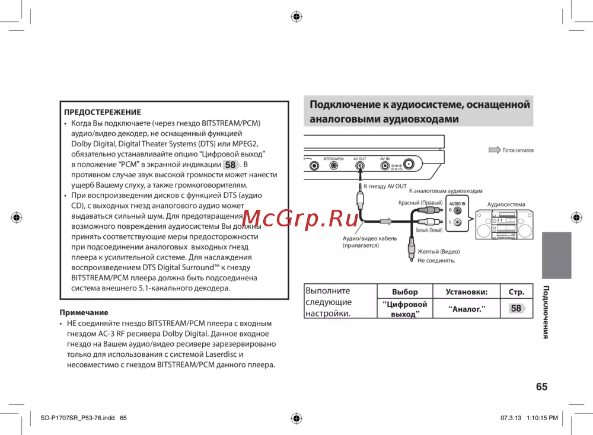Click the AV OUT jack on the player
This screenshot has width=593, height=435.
[x=360, y=166]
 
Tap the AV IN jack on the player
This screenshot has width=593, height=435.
[x=384, y=166]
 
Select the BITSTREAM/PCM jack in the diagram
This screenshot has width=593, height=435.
[x=333, y=166]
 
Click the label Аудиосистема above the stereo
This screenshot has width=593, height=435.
[x=506, y=204]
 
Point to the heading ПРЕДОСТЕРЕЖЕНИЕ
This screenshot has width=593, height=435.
[x=103, y=112]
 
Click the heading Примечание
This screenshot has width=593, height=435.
[x=84, y=312]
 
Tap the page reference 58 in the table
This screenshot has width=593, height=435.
[x=517, y=308]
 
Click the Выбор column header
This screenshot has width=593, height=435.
[x=405, y=292]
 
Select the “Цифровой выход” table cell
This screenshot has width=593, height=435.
[x=405, y=309]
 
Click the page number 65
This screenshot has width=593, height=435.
[x=541, y=386]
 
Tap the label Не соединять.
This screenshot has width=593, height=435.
[x=436, y=261]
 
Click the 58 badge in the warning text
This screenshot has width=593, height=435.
[x=230, y=165]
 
